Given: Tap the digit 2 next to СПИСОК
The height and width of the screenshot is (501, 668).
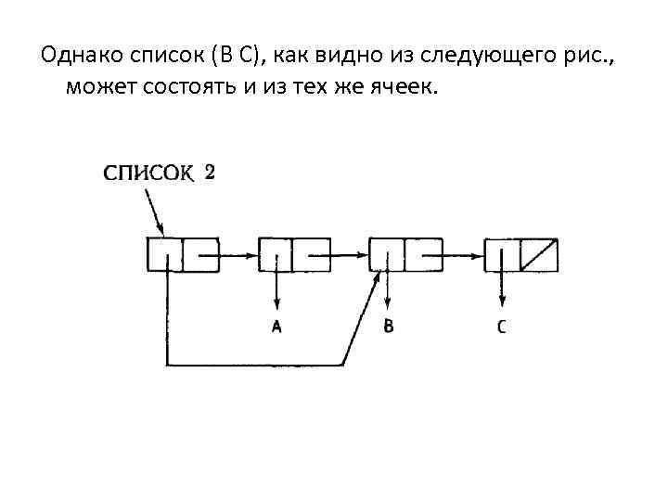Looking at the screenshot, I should (x=210, y=171).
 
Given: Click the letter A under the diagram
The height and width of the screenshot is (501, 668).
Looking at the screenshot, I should (x=276, y=326).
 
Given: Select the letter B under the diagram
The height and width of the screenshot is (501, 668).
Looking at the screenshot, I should (x=388, y=326).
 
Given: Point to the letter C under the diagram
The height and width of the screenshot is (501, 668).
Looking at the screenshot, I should (x=502, y=326).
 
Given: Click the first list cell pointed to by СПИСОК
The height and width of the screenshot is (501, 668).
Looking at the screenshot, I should (x=183, y=254).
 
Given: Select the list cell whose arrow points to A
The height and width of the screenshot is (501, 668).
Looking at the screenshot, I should (x=294, y=254).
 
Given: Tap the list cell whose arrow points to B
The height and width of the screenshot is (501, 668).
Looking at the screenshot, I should (x=405, y=254).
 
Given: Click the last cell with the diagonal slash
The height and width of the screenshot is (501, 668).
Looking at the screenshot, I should (x=521, y=254).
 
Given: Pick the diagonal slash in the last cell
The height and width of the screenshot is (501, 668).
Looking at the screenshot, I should (x=539, y=254).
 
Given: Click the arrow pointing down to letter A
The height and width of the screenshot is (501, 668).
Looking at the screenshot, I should (x=276, y=292).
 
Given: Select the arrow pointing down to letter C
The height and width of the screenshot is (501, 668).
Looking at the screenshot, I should (x=502, y=292).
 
